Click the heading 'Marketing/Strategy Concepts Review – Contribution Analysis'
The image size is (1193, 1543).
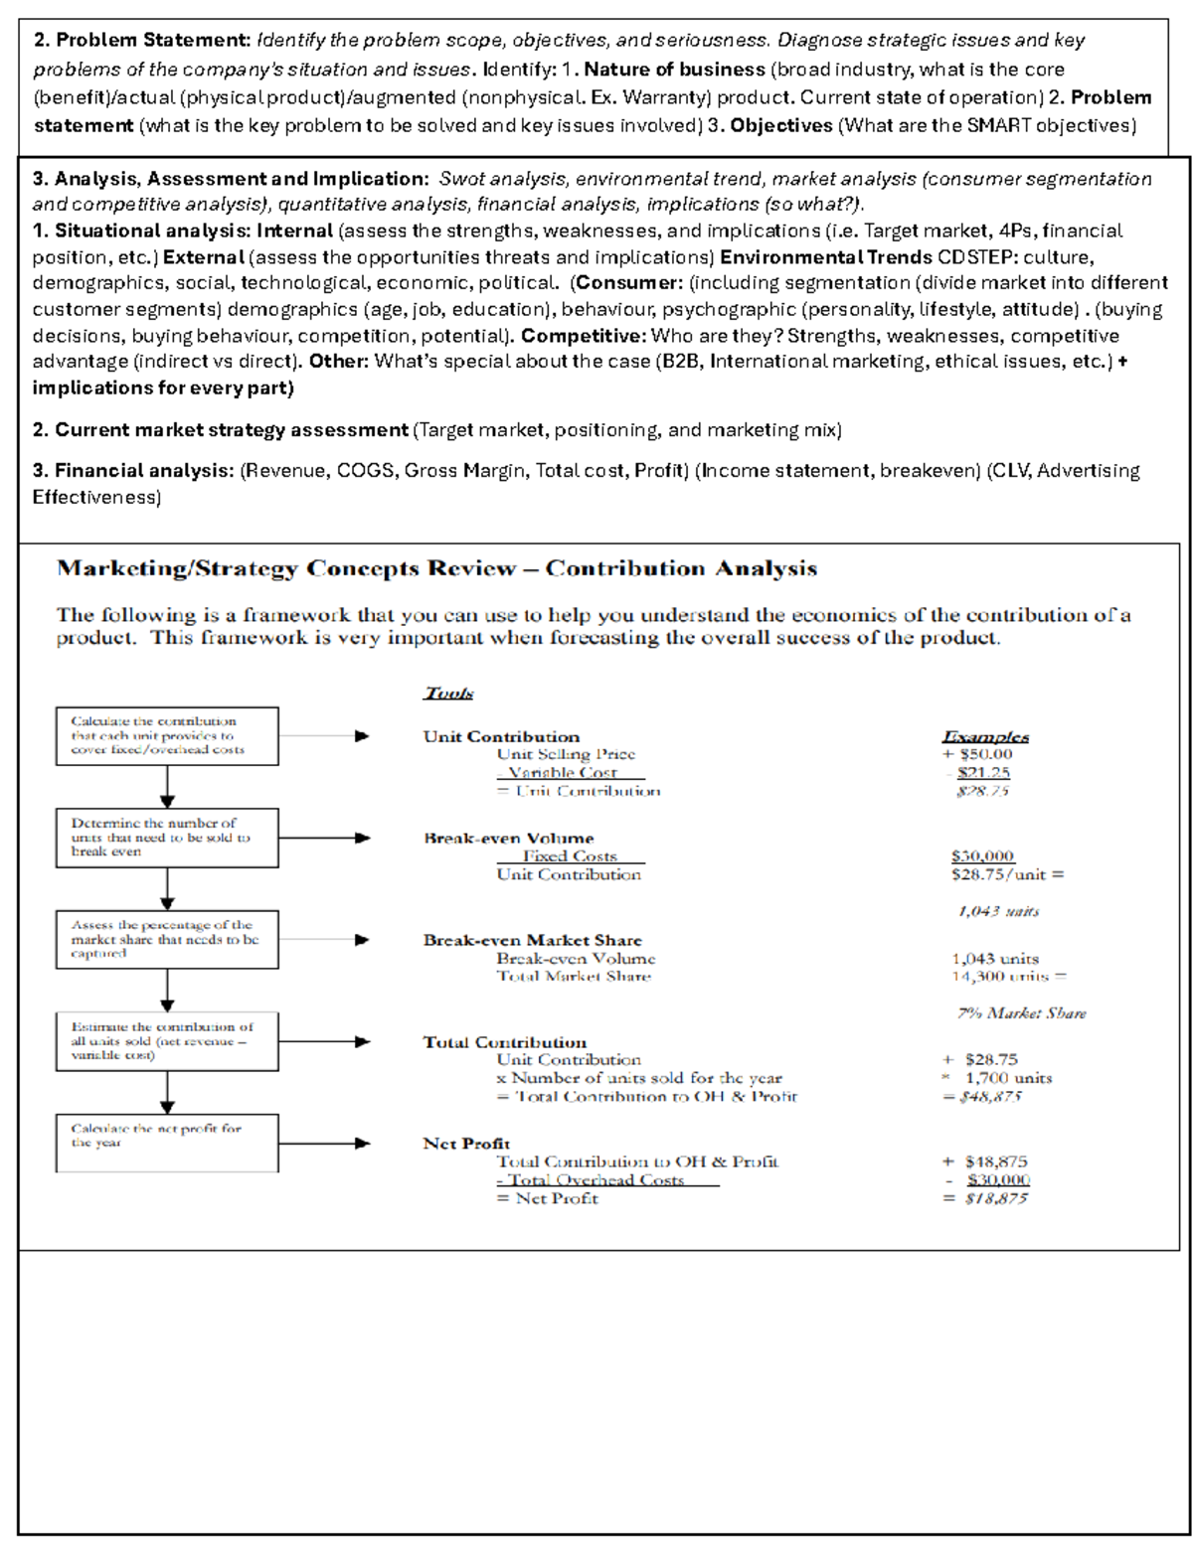click(x=436, y=569)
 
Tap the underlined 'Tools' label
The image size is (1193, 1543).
click(x=448, y=694)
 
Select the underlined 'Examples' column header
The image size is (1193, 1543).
click(x=984, y=737)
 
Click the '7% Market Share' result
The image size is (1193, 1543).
click(x=1021, y=1013)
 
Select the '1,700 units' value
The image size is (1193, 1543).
click(x=1007, y=1078)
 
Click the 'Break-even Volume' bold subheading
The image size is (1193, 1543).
click(x=508, y=839)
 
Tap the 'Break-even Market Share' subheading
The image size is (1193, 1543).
click(x=532, y=940)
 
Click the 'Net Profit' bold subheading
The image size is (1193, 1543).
click(x=466, y=1144)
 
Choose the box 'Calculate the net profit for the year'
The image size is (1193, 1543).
click(x=167, y=1143)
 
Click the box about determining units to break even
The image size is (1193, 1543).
click(x=167, y=838)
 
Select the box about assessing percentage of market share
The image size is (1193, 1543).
click(x=167, y=940)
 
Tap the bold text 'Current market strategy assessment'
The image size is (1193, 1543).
click(x=231, y=430)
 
